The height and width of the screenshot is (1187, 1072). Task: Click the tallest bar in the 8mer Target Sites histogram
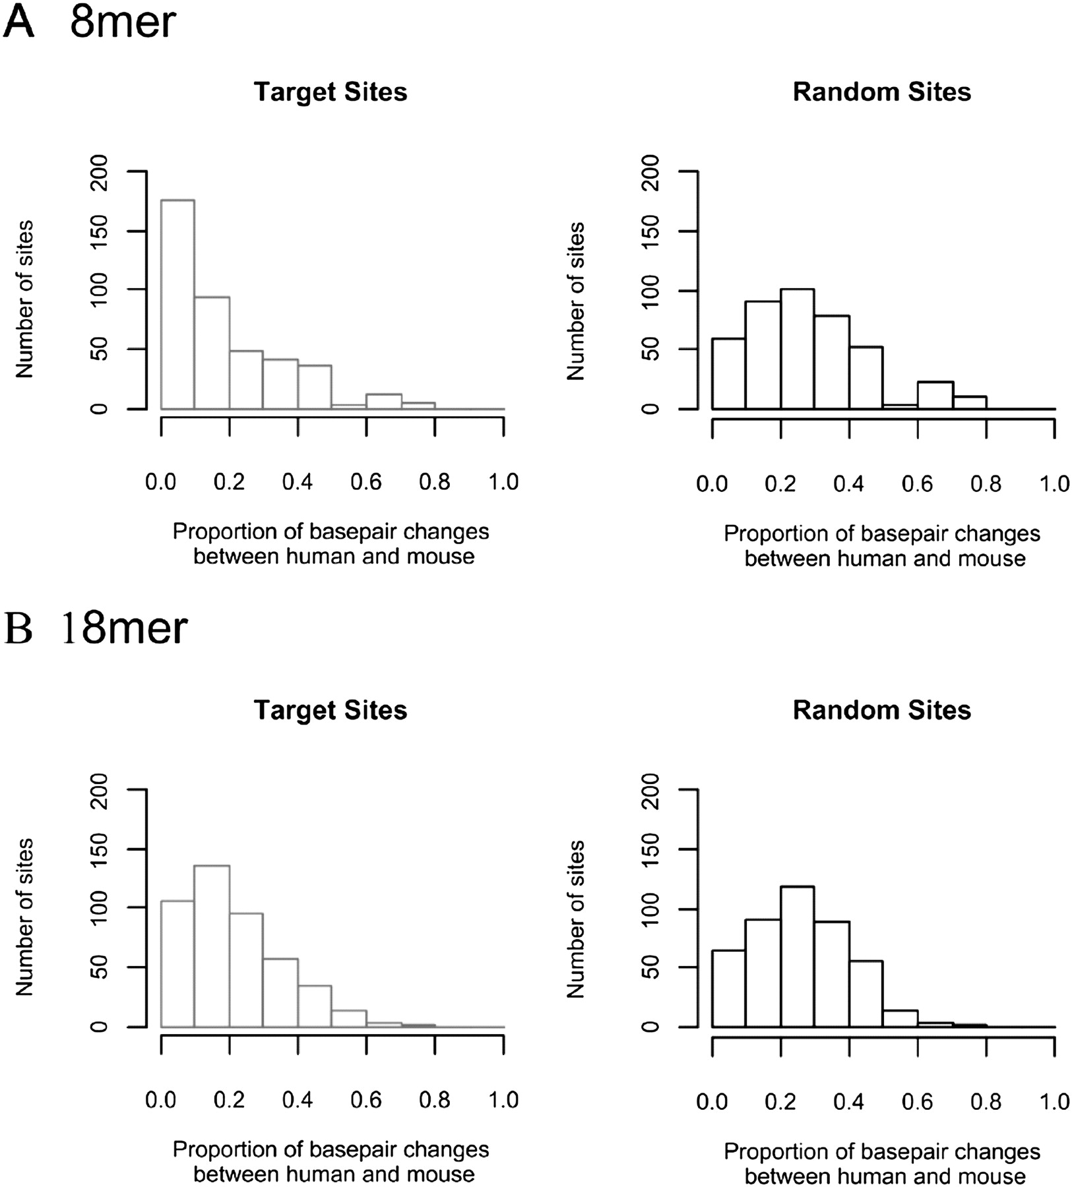click(x=178, y=304)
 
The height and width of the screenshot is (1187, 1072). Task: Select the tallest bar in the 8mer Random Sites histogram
click(x=797, y=349)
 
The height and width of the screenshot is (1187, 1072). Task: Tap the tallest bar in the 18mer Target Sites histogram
click(x=212, y=946)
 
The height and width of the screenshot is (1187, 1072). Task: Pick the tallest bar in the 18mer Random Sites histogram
click(x=797, y=957)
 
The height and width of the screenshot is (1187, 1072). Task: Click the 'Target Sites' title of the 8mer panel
click(x=331, y=92)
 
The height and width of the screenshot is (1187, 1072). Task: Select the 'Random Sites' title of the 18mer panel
click(x=881, y=710)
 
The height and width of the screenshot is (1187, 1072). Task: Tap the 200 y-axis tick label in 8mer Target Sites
click(x=99, y=172)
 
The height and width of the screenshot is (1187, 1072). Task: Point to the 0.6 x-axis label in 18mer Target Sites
click(x=366, y=1101)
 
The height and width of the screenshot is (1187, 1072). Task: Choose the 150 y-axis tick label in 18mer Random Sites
click(x=650, y=849)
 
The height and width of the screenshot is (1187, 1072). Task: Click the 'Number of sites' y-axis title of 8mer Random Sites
click(x=576, y=301)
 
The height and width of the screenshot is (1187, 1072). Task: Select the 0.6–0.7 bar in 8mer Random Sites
click(x=935, y=395)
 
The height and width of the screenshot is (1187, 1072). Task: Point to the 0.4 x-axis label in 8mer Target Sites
click(x=298, y=482)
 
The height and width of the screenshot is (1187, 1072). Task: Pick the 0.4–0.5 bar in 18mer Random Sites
click(x=866, y=994)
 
